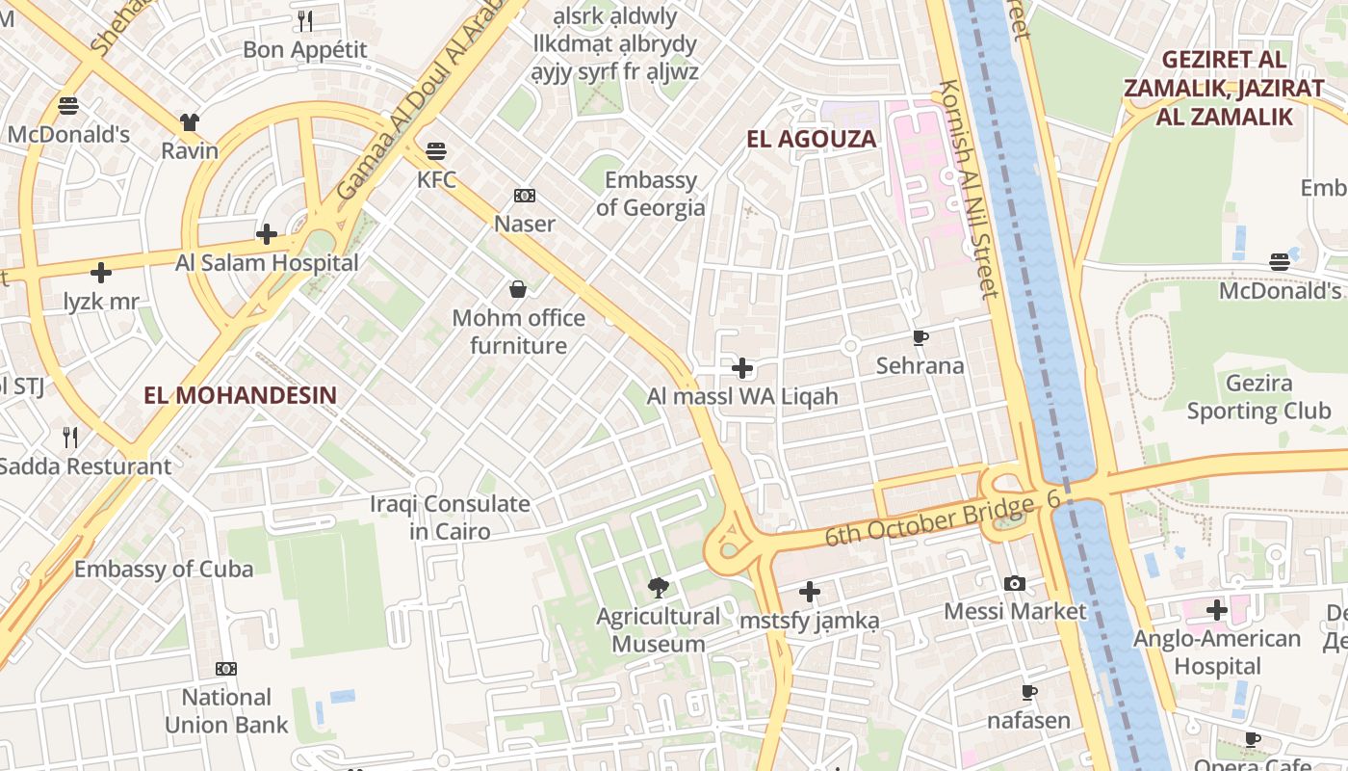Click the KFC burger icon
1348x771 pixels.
[x=436, y=151]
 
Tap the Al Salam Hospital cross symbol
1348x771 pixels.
[x=267, y=234]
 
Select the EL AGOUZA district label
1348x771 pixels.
[x=812, y=139]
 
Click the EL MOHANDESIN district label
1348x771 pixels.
[x=240, y=394]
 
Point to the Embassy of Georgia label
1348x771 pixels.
[x=650, y=194]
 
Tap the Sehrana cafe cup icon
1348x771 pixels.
[x=920, y=337]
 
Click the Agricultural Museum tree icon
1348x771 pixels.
[x=659, y=587]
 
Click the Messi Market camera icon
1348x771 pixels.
[x=1014, y=583]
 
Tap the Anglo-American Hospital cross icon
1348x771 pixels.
[x=1216, y=610]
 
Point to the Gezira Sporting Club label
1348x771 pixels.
[x=1258, y=397]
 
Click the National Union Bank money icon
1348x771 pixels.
[x=226, y=668]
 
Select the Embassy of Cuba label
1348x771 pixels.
[x=164, y=569]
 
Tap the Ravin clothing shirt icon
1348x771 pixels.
[x=190, y=122]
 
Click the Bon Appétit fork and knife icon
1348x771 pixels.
[x=305, y=20]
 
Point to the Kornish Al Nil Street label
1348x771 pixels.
[x=968, y=189]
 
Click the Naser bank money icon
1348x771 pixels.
[x=524, y=196]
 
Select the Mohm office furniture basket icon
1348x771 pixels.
[x=518, y=288]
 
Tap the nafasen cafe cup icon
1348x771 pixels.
[x=1028, y=692]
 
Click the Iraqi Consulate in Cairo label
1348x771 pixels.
[x=450, y=518]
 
